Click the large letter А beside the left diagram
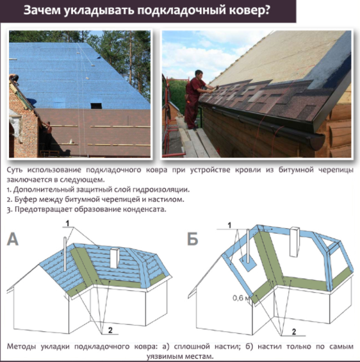(13, 240)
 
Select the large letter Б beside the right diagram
(193, 239)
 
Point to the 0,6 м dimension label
(241, 298)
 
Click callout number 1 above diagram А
(67, 223)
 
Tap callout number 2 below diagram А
(110, 331)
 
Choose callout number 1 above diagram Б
(229, 226)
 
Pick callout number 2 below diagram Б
(294, 332)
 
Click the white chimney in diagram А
(115, 258)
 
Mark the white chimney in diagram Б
(295, 242)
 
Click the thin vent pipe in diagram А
(65, 254)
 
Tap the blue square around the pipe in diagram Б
(248, 264)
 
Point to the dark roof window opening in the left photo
(96, 106)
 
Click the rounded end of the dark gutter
(316, 142)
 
